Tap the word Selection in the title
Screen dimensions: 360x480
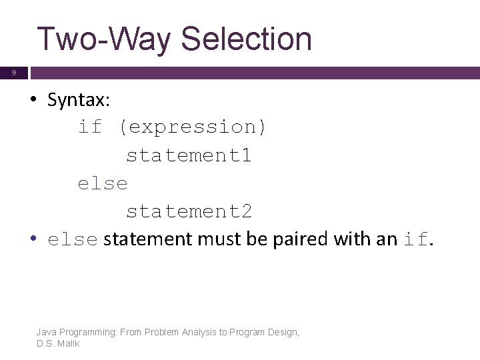click(246, 39)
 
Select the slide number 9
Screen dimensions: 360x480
click(13, 73)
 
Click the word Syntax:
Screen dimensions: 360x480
click(79, 101)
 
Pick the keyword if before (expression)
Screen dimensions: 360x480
click(90, 127)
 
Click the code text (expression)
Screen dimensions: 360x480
click(193, 127)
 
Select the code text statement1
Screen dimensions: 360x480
click(189, 155)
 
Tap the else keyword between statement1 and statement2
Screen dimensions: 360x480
click(102, 183)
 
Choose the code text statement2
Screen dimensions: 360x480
click(189, 211)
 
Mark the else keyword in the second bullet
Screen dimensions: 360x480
click(73, 240)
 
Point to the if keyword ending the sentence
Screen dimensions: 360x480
click(417, 239)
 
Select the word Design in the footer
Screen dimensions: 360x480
click(283, 332)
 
